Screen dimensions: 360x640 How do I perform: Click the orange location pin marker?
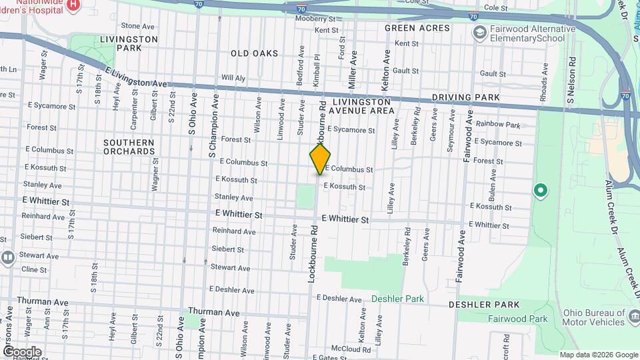tap(320, 158)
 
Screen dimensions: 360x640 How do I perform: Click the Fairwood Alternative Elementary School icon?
tap(479, 32)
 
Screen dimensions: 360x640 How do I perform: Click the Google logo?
tap(22, 351)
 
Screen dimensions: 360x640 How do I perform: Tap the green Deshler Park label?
tap(398, 299)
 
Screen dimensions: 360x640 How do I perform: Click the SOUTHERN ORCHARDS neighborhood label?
tap(129, 147)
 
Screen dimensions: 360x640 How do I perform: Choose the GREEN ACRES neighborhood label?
tap(408, 28)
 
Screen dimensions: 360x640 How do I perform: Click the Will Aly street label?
tap(233, 77)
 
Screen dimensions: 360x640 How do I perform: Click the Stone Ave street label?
tap(138, 26)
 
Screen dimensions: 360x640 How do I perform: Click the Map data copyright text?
tap(597, 355)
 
